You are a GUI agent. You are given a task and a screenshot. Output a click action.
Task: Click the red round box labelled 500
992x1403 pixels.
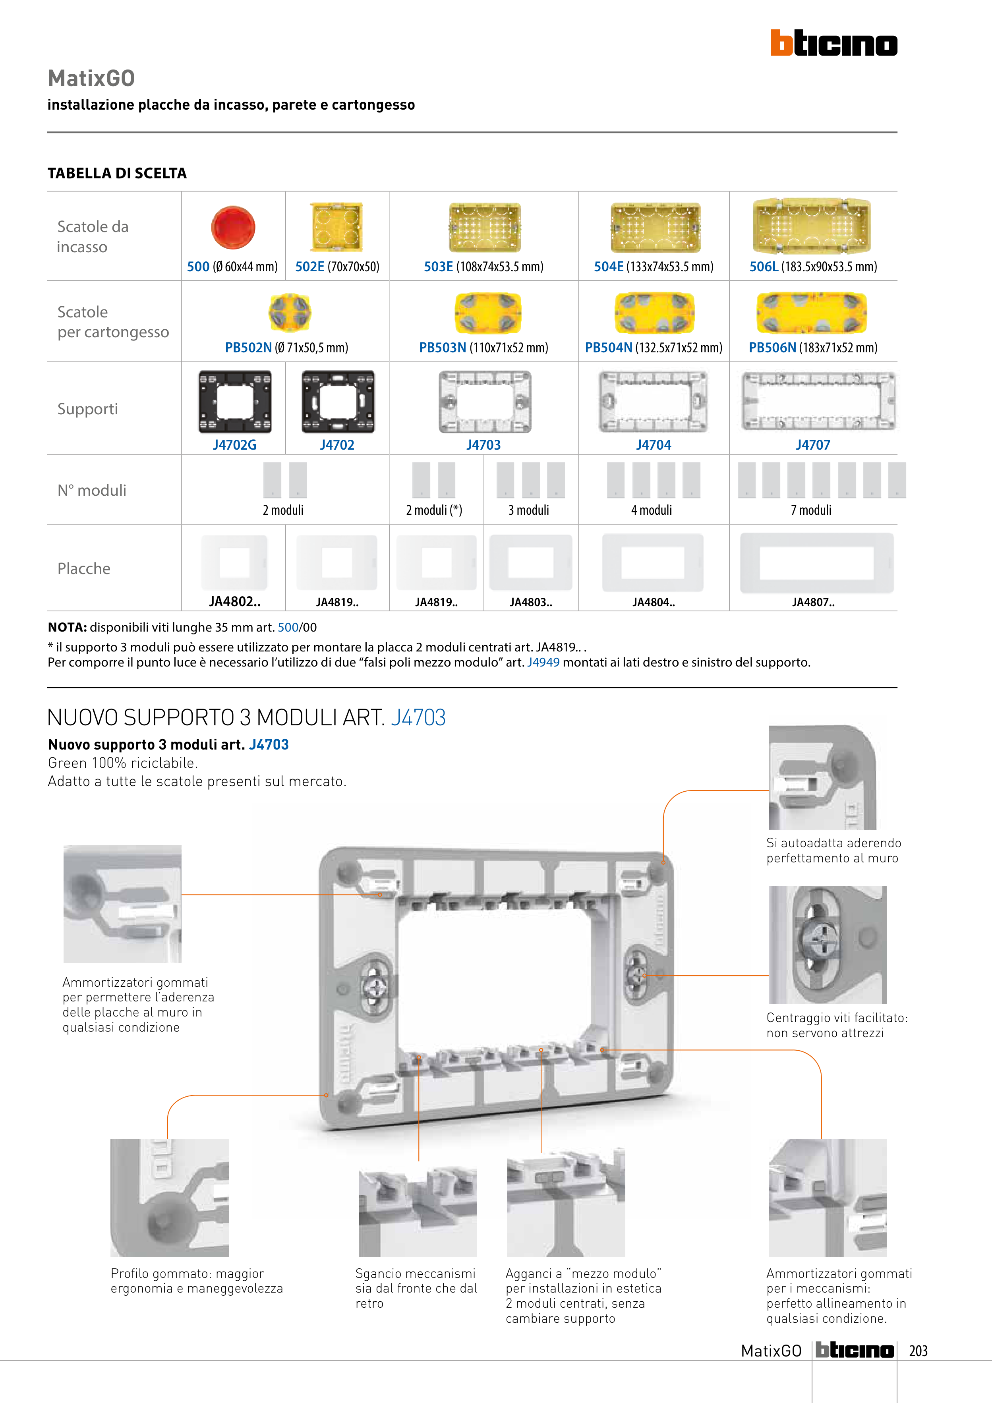233,227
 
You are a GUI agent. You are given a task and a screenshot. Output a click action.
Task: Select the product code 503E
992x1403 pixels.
438,267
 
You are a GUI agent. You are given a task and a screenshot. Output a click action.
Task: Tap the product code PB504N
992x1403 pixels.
608,348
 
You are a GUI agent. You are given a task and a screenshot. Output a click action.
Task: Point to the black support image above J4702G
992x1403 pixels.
235,402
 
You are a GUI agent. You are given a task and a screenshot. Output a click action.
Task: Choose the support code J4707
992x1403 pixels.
812,445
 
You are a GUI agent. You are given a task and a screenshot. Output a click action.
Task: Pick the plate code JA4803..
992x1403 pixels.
530,602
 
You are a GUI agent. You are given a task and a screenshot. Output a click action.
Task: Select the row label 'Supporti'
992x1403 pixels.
87,409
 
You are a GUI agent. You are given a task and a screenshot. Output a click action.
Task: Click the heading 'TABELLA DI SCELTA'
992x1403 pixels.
117,174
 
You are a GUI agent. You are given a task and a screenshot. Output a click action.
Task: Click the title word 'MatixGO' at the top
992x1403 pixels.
91,78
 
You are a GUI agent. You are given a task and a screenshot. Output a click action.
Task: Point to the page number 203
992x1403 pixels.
918,1351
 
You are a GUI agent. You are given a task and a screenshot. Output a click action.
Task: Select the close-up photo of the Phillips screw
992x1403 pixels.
827,944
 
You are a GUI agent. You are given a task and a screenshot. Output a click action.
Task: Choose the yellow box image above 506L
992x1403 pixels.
812,226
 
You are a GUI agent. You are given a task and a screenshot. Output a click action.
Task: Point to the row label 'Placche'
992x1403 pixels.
84,568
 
